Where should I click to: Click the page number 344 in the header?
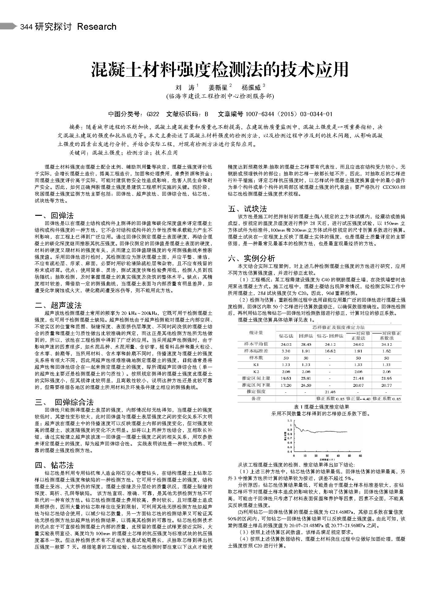(x=26, y=27)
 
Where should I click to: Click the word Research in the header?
(x=97, y=27)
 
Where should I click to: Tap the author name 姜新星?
(x=218, y=87)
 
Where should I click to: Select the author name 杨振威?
(x=251, y=87)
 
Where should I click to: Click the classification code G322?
(x=153, y=114)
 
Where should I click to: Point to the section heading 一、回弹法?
(x=54, y=215)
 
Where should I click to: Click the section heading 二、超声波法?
(x=58, y=305)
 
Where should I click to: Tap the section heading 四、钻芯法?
(x=54, y=466)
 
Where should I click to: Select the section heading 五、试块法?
(x=247, y=209)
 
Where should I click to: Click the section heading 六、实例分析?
(x=251, y=258)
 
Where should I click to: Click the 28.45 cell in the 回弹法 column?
(x=306, y=344)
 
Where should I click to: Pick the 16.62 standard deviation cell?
(x=330, y=351)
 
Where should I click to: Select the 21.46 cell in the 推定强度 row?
(x=330, y=392)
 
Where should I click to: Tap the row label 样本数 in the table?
(x=256, y=358)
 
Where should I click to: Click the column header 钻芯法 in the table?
(x=286, y=336)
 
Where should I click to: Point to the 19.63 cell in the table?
(x=286, y=378)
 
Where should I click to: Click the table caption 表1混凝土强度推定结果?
(x=321, y=407)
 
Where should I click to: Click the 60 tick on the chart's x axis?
(x=360, y=456)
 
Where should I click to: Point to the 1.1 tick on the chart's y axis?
(x=290, y=421)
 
